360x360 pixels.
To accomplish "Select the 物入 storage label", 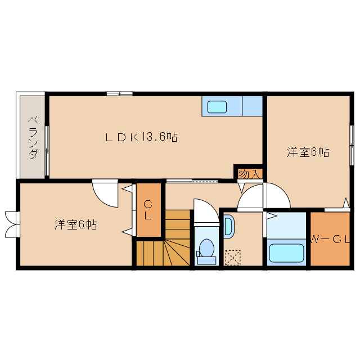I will (249, 174).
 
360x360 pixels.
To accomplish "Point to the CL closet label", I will (148, 210).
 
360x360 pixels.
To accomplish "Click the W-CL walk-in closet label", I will (331, 240).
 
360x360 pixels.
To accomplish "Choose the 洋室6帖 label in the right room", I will (308, 152).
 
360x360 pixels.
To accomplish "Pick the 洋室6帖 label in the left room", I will (75, 224).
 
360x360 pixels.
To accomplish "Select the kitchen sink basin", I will (217, 106).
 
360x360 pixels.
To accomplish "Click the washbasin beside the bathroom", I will (228, 226).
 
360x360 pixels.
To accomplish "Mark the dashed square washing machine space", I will (232, 257).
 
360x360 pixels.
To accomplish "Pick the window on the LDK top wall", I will (119, 93).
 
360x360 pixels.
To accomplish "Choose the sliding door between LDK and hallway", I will (191, 181).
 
